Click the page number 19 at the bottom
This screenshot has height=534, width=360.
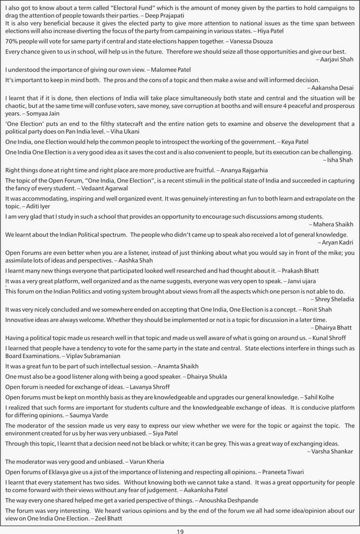click(180, 531)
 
